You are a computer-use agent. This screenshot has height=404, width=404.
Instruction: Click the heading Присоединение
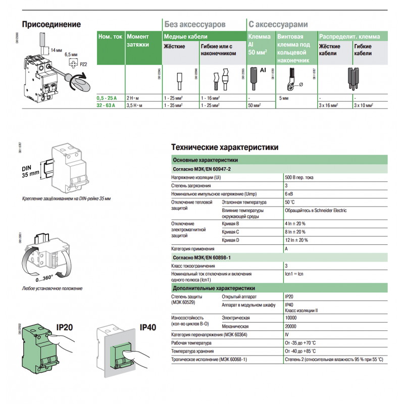point(52,24)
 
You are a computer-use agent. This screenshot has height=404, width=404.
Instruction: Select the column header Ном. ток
point(110,37)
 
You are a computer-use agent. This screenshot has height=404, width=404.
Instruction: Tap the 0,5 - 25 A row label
point(107,96)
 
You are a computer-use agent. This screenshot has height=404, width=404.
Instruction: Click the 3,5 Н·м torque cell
point(135,105)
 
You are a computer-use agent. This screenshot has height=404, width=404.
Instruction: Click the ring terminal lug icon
point(292,80)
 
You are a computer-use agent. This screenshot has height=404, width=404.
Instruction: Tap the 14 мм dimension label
point(56,50)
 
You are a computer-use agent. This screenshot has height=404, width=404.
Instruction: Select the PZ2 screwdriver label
point(84,64)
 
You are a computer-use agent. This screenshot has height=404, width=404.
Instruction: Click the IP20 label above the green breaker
point(65,327)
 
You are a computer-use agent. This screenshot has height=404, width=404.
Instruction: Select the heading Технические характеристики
point(225,147)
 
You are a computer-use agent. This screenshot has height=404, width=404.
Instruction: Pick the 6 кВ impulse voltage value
point(289,194)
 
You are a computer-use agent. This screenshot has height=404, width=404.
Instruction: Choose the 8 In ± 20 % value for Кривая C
point(295,232)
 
